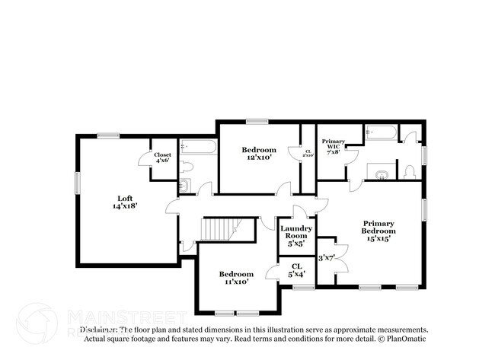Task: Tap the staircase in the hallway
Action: click(x=219, y=230)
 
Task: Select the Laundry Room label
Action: click(x=293, y=236)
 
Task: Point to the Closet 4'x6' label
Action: click(x=163, y=158)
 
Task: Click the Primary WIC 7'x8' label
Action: click(x=333, y=147)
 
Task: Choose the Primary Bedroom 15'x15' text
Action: click(x=378, y=231)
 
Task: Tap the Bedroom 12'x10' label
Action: click(x=259, y=154)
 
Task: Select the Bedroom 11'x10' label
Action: click(x=236, y=278)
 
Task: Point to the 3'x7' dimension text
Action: click(x=327, y=257)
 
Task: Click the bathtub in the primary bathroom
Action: click(x=380, y=134)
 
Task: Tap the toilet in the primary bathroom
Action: click(x=409, y=170)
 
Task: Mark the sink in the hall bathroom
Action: click(x=184, y=186)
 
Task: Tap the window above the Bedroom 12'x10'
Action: click(x=257, y=120)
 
